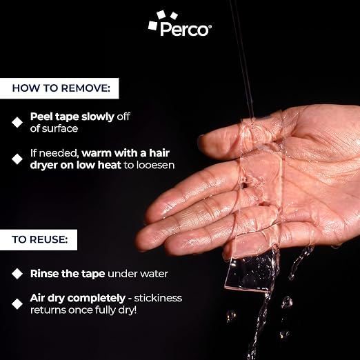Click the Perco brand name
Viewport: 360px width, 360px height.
tap(185, 29)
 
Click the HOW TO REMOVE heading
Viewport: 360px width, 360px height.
tap(61, 88)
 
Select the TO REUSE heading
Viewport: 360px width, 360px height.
tap(40, 239)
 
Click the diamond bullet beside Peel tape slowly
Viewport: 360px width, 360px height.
tap(17, 122)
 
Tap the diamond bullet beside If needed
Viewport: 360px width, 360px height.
tap(17, 159)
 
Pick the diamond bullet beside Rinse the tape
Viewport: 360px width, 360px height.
tap(17, 274)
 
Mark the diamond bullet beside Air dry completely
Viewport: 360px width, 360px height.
tap(17, 304)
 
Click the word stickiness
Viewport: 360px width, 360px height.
tap(158, 298)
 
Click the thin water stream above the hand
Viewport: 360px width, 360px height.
tap(243, 57)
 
